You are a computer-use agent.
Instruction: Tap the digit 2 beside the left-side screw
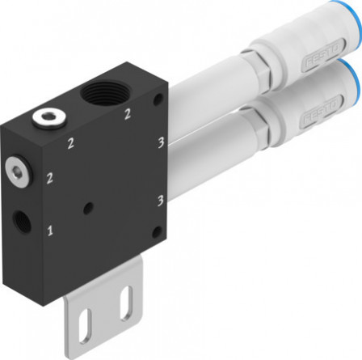click(x=51, y=176)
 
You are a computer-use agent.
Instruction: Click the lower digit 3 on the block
click(x=161, y=198)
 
